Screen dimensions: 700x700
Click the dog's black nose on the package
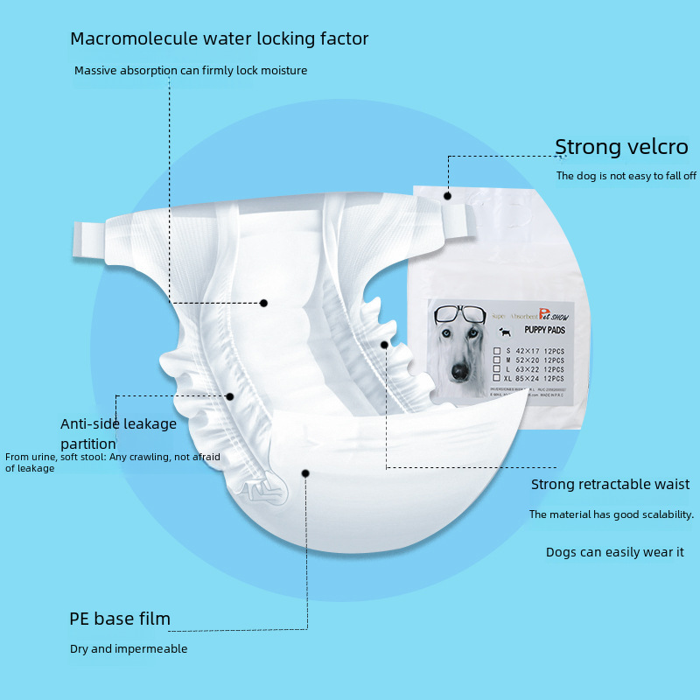(x=460, y=371)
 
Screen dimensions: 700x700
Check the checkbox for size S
(x=497, y=351)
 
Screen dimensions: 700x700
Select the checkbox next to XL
(x=497, y=378)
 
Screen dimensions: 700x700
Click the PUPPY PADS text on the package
(x=545, y=330)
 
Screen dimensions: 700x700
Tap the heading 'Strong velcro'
(x=621, y=147)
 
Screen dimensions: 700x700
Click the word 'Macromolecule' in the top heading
(x=128, y=38)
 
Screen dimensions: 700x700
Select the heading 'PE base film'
(x=120, y=619)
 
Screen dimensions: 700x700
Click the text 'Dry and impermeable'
(x=129, y=649)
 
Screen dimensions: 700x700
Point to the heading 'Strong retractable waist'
(x=610, y=485)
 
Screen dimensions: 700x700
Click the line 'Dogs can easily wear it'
(x=614, y=552)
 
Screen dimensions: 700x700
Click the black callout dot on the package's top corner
(x=447, y=196)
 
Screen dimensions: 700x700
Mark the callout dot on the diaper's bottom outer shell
(x=305, y=472)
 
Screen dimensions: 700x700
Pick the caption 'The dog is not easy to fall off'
(x=626, y=176)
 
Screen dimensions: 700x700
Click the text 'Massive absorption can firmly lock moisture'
(x=191, y=70)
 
